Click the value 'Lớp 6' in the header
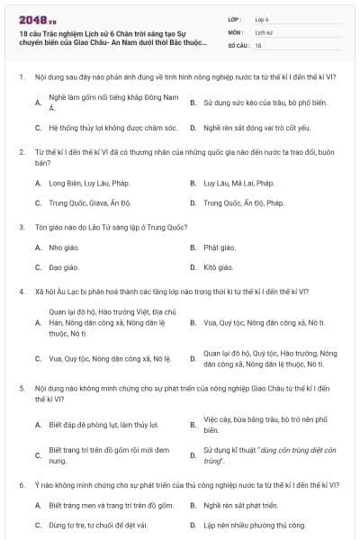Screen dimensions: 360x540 pyautogui.click(x=263, y=18)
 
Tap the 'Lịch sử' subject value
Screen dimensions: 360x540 pyautogui.click(x=264, y=31)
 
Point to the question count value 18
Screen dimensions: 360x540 pyautogui.click(x=258, y=43)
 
